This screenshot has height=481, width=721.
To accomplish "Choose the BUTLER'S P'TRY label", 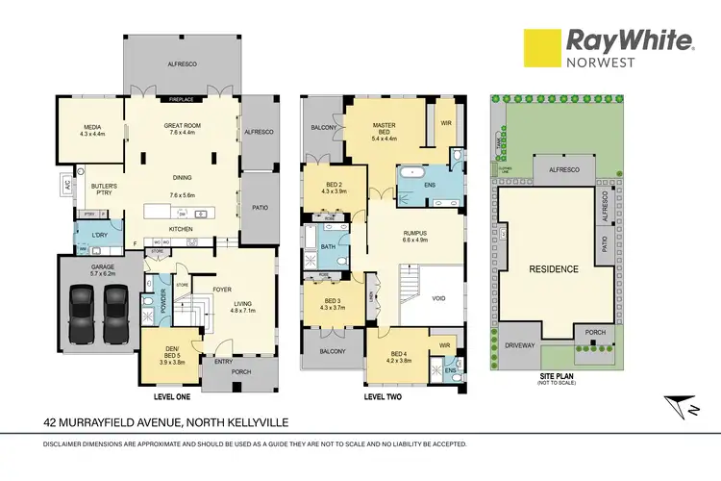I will coord(104,190).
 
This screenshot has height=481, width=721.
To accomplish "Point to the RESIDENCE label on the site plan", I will coord(552,269).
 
